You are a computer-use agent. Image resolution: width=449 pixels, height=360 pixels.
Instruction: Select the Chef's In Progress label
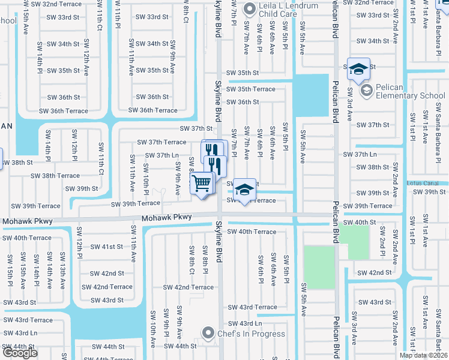pyautogui.click(x=252, y=334)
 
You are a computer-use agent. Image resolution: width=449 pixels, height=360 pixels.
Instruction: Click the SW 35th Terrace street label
pyautogui.click(x=252, y=89)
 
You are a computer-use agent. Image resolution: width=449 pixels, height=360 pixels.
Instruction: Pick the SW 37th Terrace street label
pyautogui.click(x=161, y=142)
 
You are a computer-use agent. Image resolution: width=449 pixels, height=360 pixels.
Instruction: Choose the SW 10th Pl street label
pyautogui.click(x=146, y=181)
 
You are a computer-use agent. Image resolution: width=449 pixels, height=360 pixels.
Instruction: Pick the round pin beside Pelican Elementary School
pyautogui.click(x=366, y=91)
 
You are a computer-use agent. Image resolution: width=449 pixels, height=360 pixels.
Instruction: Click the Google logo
pyautogui.click(x=20, y=353)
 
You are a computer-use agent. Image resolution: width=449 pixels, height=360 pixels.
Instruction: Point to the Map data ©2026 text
pyautogui.click(x=423, y=355)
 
